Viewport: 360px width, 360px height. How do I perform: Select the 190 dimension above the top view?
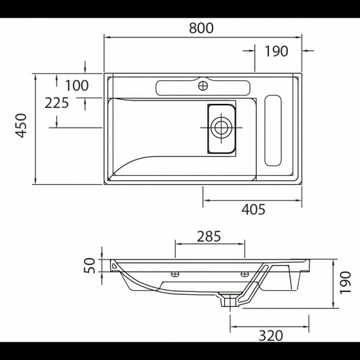pos(277,51)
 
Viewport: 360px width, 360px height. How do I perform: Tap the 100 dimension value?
pos(77,86)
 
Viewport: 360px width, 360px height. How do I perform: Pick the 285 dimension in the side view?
pos(209,237)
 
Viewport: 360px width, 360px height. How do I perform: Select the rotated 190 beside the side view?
pos(345,281)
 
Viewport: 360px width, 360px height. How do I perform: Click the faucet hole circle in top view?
pos(202,86)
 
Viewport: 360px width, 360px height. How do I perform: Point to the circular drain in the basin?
pos(220,126)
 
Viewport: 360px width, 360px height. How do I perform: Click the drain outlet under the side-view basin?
pos(231,299)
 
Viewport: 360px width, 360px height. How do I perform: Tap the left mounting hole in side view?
pos(175,274)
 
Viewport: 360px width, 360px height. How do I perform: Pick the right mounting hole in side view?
pos(245,274)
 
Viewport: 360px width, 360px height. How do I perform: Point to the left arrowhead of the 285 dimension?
pos(178,243)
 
